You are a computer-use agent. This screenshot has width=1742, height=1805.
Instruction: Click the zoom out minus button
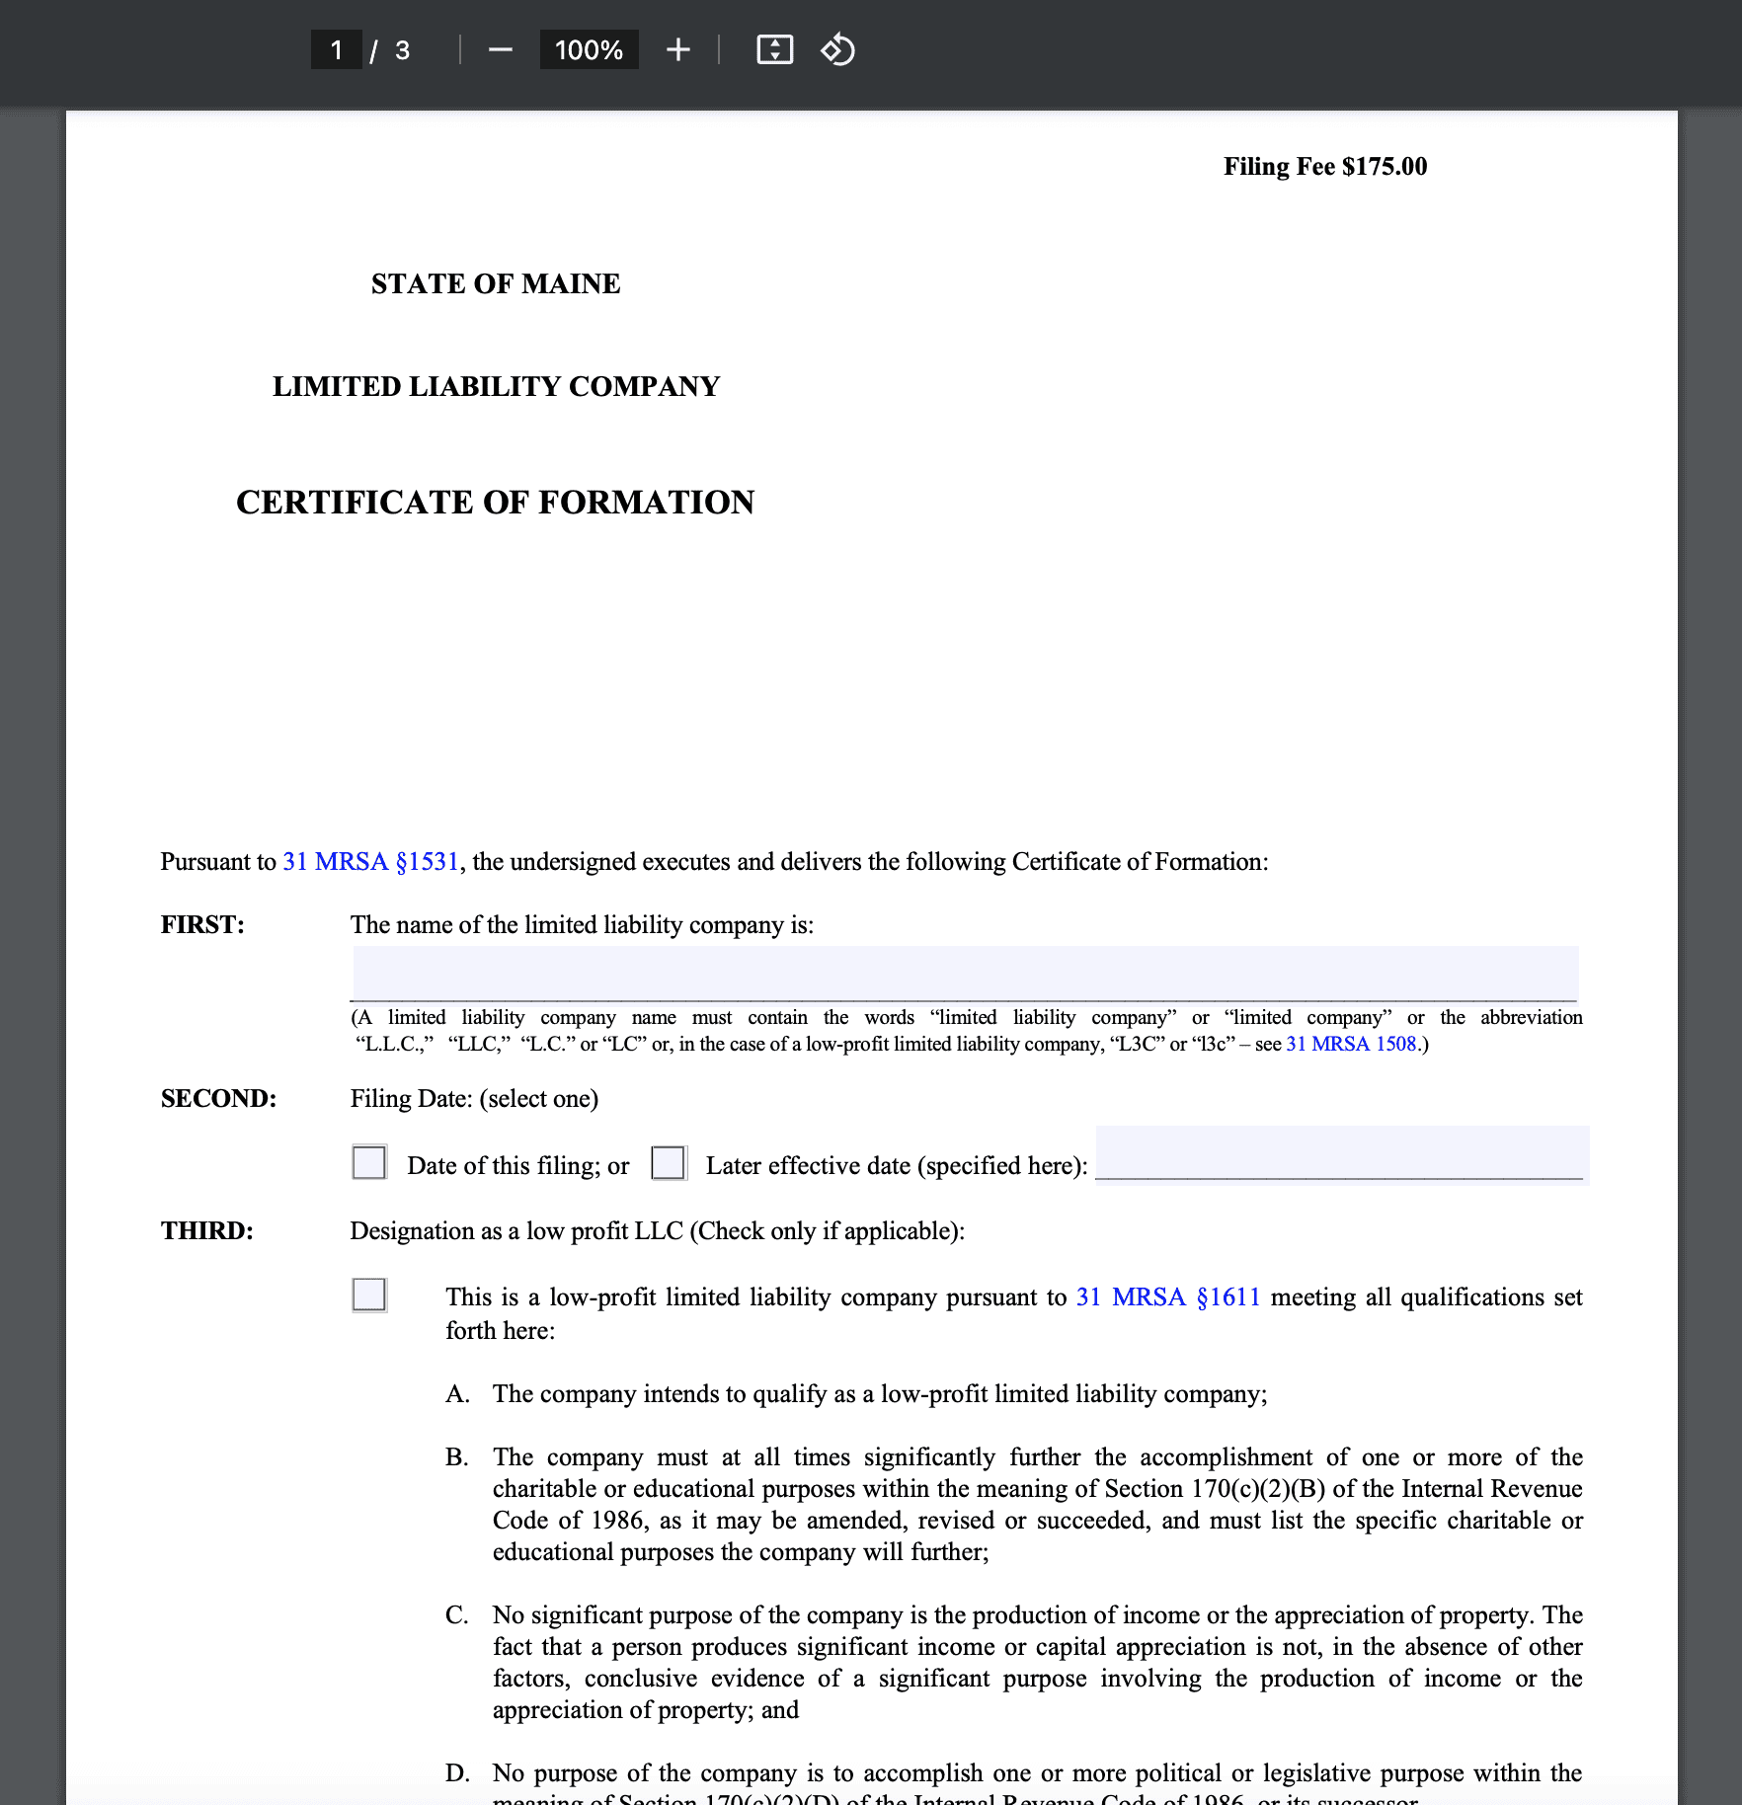(x=501, y=50)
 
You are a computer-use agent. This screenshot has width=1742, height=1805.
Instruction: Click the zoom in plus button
(x=677, y=50)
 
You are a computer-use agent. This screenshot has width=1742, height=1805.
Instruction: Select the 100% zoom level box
(x=589, y=50)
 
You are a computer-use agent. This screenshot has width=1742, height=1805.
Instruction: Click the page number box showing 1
(x=336, y=50)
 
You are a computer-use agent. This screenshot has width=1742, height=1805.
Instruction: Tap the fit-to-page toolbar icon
(x=774, y=50)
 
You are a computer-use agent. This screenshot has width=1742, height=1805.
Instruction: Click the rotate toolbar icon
(x=837, y=50)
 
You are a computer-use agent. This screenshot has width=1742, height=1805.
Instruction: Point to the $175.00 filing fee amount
(x=1384, y=166)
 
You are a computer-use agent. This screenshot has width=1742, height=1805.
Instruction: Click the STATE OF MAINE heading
(x=496, y=284)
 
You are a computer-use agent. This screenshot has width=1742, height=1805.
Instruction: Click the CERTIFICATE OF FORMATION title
(x=495, y=503)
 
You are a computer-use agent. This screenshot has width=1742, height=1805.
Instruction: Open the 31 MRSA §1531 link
(x=370, y=862)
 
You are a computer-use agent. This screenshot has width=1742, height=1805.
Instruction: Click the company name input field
(x=964, y=974)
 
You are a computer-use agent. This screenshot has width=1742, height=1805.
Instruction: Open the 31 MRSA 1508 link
(x=1350, y=1044)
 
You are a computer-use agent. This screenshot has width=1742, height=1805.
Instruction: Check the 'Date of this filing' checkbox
(x=369, y=1162)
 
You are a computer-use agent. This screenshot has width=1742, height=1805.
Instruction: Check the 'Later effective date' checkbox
(x=669, y=1162)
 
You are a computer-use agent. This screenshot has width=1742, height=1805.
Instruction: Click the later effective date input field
(x=1340, y=1153)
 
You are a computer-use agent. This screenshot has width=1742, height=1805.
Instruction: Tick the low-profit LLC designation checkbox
(x=369, y=1295)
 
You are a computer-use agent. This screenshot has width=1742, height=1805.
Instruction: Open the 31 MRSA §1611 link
(x=1167, y=1296)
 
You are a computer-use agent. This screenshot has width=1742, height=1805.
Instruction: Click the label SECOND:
(x=218, y=1099)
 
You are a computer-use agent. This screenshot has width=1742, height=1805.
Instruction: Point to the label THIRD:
(x=207, y=1231)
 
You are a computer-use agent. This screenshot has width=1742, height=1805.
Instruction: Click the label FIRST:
(x=202, y=925)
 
